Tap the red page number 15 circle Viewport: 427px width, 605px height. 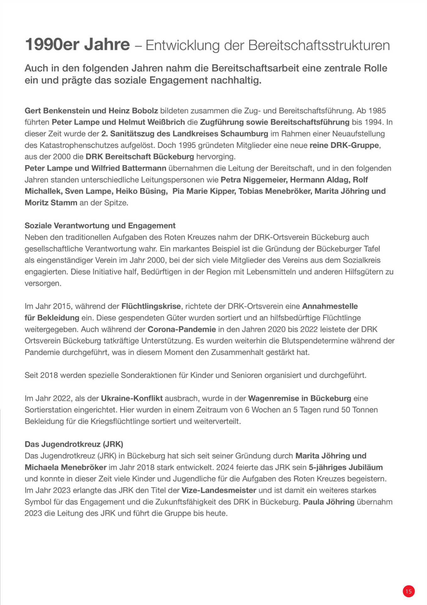(x=408, y=591)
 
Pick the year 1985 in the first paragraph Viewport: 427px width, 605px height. (x=377, y=111)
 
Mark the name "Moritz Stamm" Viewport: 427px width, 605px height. (x=51, y=203)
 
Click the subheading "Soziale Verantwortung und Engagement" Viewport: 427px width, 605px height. (x=100, y=226)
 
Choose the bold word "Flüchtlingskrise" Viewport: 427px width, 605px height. (x=151, y=306)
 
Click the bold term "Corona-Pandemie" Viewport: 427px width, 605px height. (x=182, y=330)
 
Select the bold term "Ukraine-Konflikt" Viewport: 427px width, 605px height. (x=132, y=399)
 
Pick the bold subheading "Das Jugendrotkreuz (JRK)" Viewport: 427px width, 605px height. (x=74, y=444)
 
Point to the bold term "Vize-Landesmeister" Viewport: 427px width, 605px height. (x=219, y=491)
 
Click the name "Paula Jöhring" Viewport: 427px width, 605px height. (x=329, y=502)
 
